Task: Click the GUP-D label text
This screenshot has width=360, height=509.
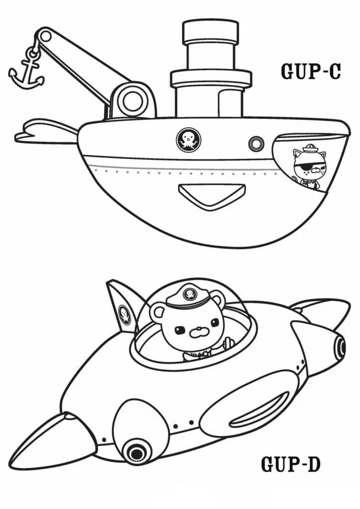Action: (x=291, y=465)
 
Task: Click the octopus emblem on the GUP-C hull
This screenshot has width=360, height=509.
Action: (x=188, y=140)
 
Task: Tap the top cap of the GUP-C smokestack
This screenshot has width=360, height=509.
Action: (x=210, y=33)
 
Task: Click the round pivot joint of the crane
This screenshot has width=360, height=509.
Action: (x=132, y=100)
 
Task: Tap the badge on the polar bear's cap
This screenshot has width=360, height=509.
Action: (x=190, y=294)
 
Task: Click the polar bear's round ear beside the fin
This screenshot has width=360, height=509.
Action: (x=159, y=314)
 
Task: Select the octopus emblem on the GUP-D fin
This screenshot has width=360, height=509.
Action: (x=125, y=315)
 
